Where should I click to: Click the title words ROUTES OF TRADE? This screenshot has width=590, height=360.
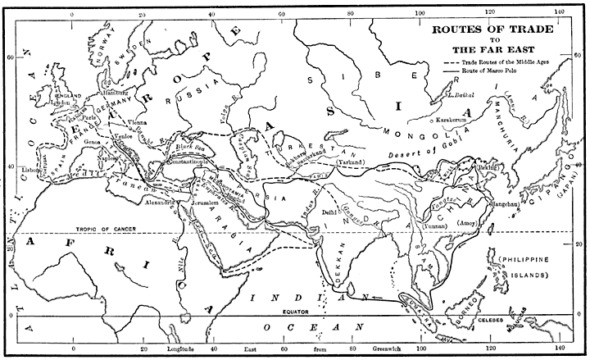pyautogui.click(x=492, y=27)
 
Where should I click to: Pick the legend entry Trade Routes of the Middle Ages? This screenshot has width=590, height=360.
pyautogui.click(x=504, y=62)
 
